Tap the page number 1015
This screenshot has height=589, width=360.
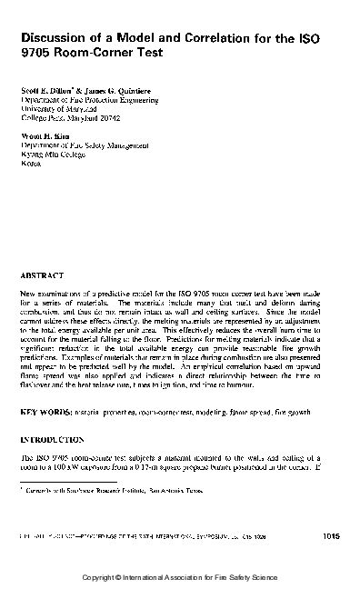332,538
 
